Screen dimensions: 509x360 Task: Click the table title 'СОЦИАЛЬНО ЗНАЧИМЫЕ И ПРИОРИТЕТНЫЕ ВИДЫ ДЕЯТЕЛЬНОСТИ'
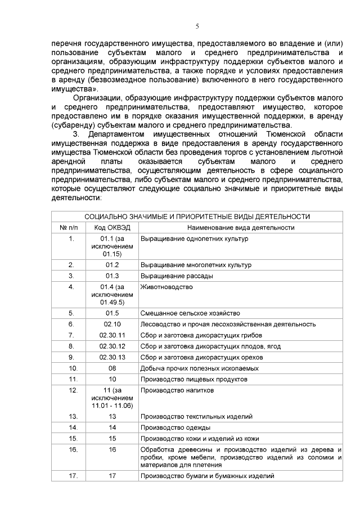(197, 217)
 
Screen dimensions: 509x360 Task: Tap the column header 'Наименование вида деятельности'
(241, 227)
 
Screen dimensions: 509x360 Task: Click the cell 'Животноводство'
(166, 287)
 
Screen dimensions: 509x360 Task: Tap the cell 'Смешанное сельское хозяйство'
(190, 313)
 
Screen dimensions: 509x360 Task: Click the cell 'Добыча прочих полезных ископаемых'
(200, 368)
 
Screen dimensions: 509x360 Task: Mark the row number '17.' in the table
(72, 476)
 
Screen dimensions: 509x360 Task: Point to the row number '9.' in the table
(71, 357)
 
